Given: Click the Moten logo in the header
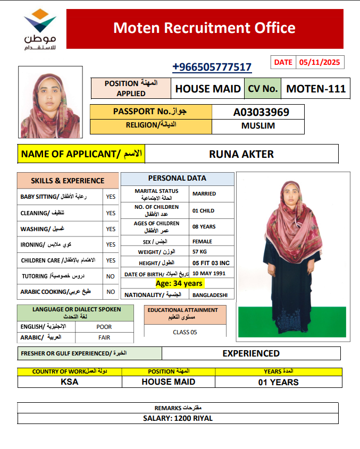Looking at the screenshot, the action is click(x=40, y=29).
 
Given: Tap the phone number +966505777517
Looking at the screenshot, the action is click(x=212, y=67).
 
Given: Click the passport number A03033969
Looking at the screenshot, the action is click(x=261, y=112).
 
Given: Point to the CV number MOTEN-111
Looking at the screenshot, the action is click(x=316, y=89).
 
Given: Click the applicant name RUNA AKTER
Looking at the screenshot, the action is click(x=241, y=154).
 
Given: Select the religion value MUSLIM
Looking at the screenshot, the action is click(x=258, y=126).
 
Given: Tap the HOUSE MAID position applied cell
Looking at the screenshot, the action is click(x=208, y=89).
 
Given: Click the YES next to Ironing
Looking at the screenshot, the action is click(x=111, y=244).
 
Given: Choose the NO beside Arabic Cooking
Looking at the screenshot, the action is click(x=111, y=292).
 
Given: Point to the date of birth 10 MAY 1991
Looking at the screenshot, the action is click(x=209, y=273).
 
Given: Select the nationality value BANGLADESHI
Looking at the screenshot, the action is click(x=210, y=294).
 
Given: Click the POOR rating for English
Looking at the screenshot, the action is click(x=104, y=327).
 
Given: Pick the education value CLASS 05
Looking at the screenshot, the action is click(x=185, y=332).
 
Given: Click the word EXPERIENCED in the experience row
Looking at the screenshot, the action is click(x=250, y=353).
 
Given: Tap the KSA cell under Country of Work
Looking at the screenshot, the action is click(x=69, y=382).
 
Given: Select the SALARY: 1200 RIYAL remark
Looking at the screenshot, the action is click(x=178, y=418).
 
